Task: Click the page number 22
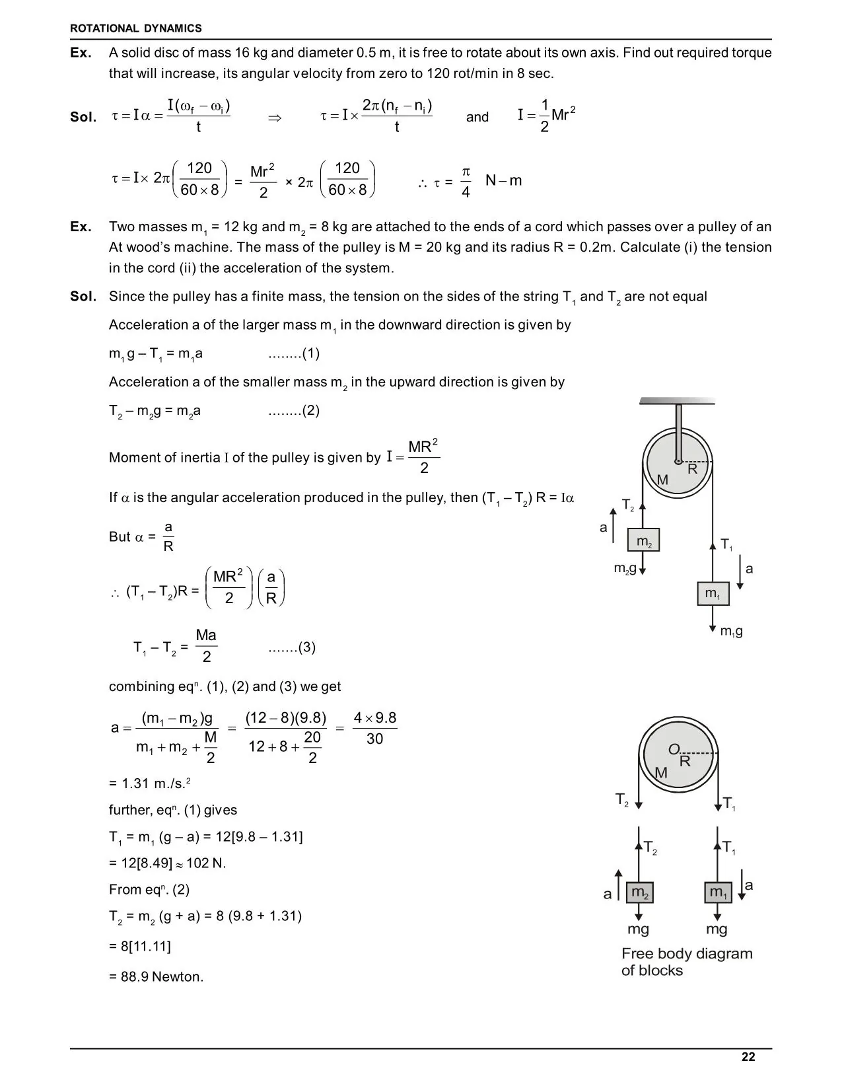click(748, 1057)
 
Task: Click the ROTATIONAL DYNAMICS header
click(135, 28)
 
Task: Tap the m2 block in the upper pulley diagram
click(643, 540)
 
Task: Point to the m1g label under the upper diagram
click(731, 632)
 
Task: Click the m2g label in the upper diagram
click(625, 568)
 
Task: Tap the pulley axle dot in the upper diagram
click(678, 461)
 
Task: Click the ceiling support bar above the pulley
click(678, 400)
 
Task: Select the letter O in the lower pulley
click(674, 749)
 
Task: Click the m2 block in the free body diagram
click(639, 892)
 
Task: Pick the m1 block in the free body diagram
click(718, 892)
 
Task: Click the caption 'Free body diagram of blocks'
click(686, 962)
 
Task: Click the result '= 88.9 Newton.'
click(157, 976)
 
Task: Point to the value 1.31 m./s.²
click(151, 783)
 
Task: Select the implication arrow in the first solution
click(275, 118)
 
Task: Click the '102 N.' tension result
click(206, 863)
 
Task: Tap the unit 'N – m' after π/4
click(503, 180)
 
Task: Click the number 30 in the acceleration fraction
click(374, 739)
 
